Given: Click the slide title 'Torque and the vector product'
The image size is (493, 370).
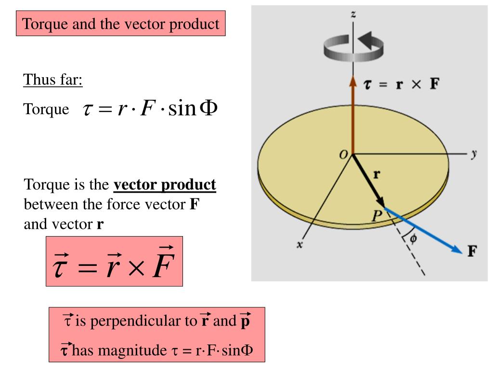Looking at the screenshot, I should pos(121,24).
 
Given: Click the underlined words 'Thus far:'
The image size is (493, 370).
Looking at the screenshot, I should pos(53,80).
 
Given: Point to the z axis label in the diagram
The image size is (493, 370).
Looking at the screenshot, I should pos(354,15).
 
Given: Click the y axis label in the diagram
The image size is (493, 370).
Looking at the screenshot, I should pos(474,154).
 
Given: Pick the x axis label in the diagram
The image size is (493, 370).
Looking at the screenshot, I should pos(299,245).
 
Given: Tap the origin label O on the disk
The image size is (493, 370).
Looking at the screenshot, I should pos(343,154).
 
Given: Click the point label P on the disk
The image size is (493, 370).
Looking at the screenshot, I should pos(376,216).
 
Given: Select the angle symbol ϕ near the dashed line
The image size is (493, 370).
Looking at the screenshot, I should pos(413,237).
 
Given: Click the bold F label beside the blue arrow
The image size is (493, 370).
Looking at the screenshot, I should pos(472,251).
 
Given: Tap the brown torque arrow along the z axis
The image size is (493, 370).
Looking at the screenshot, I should pos(353,116).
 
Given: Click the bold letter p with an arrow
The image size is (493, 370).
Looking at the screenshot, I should pos(246,321).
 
